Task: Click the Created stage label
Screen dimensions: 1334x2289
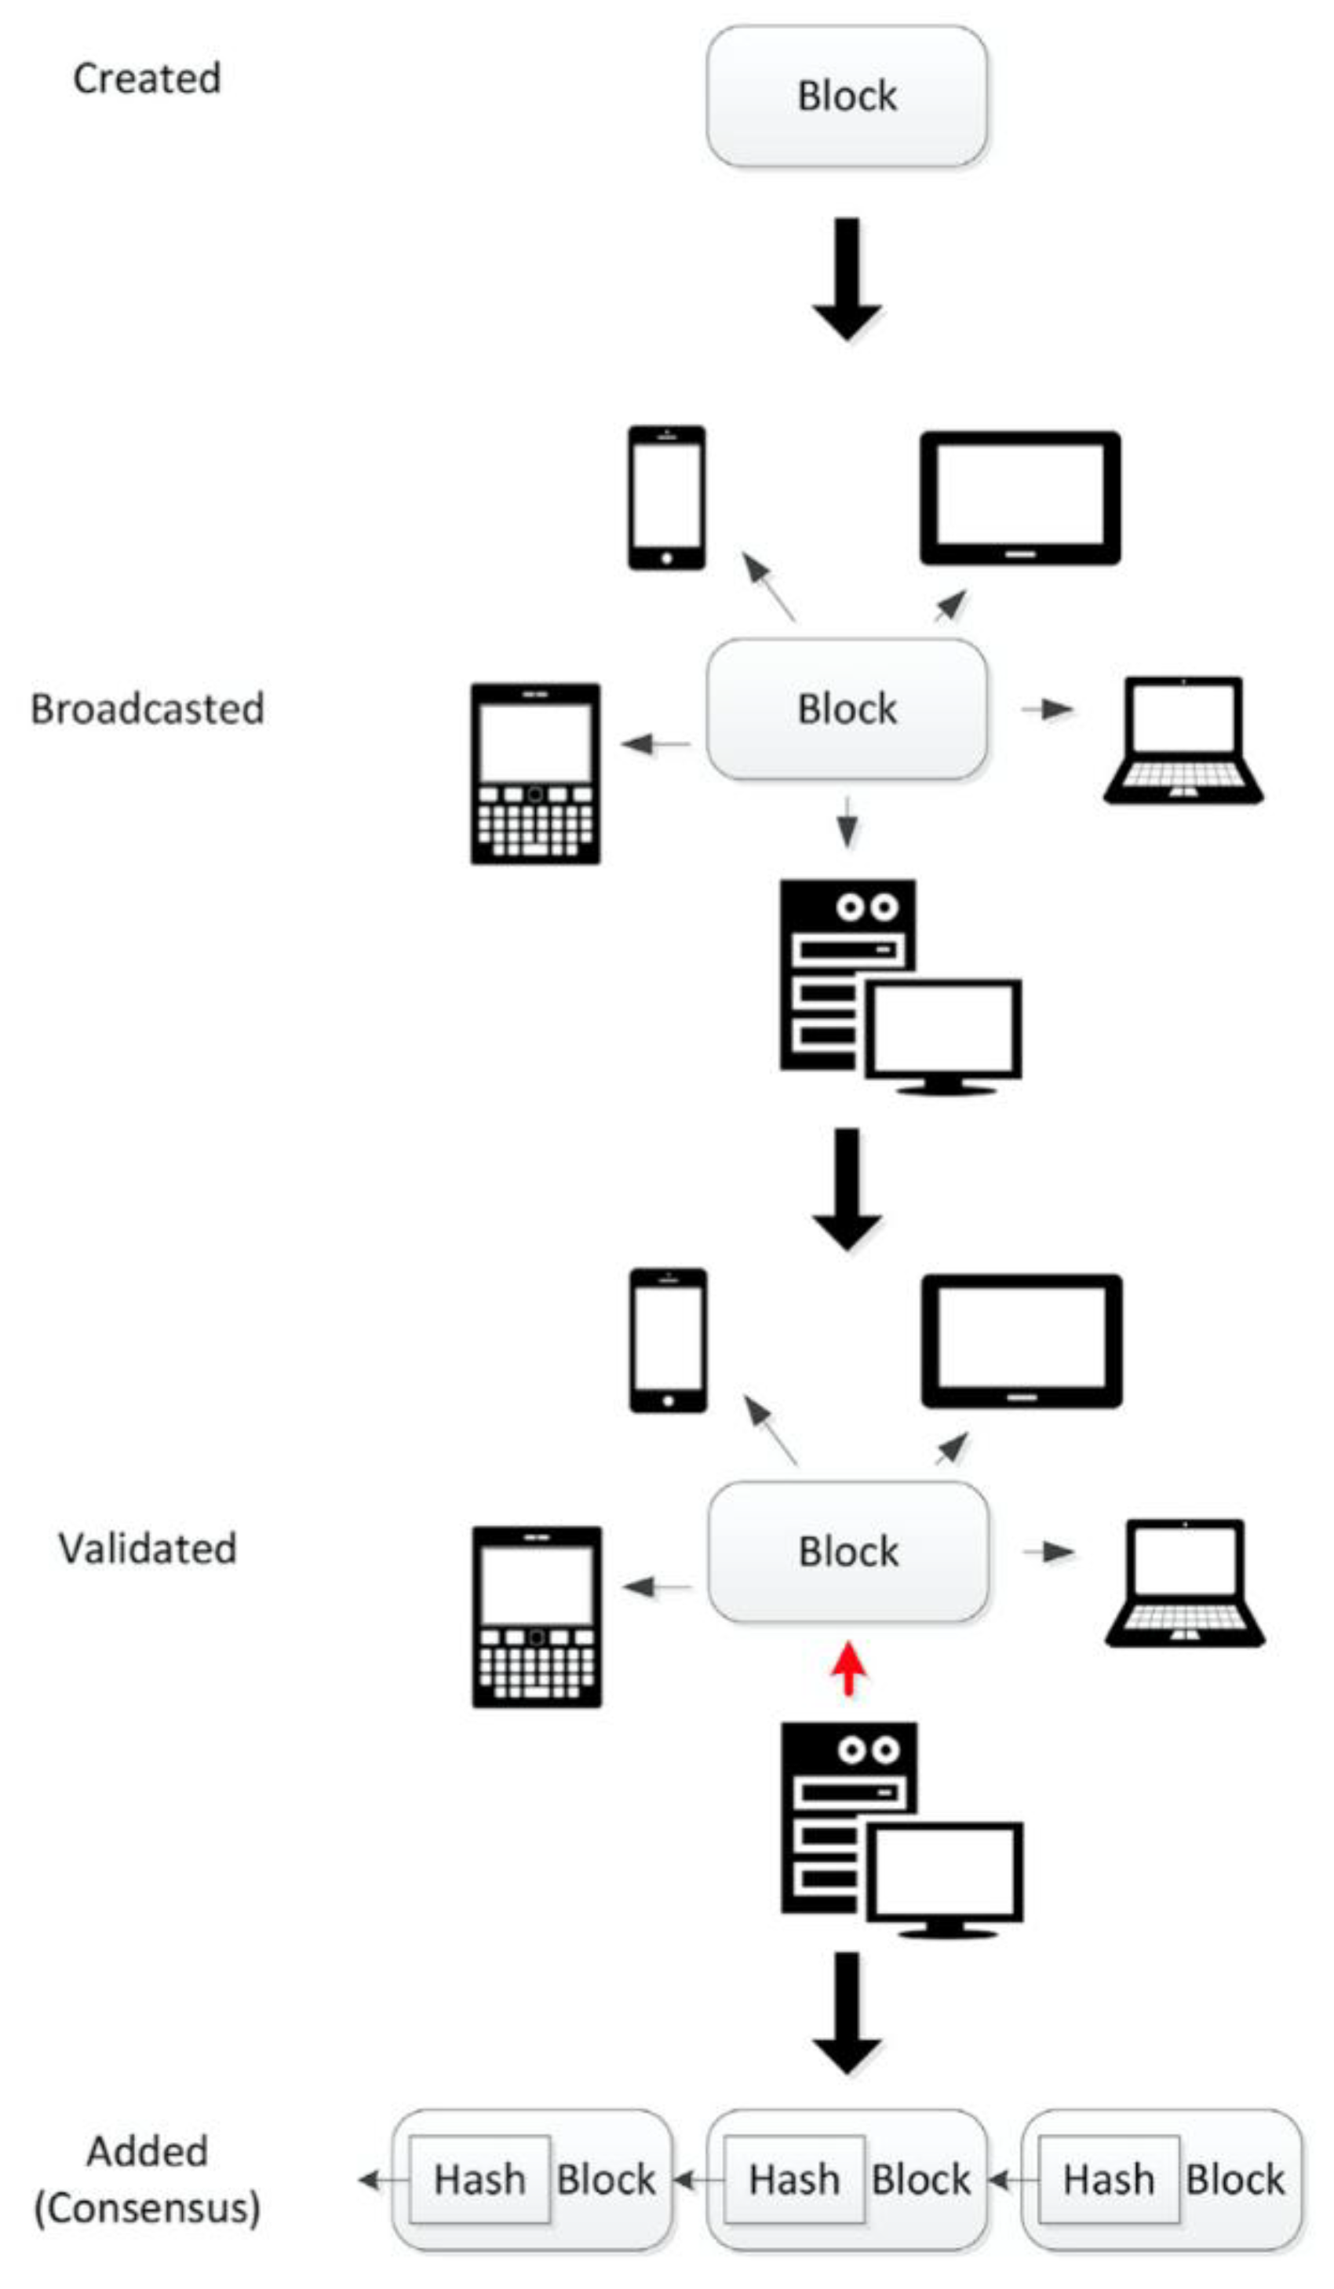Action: click(146, 78)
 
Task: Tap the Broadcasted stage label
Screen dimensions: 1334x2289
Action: click(147, 709)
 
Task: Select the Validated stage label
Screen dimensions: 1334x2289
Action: click(147, 1548)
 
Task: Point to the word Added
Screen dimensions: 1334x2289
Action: click(147, 2152)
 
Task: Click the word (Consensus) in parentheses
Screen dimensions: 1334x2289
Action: click(147, 2209)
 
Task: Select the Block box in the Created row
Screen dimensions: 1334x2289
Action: click(847, 97)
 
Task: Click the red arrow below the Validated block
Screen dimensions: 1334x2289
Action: click(848, 1669)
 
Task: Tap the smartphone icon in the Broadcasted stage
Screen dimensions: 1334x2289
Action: click(666, 498)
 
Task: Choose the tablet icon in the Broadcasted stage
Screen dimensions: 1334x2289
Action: click(1020, 498)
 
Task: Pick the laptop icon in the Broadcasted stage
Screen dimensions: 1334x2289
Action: click(1183, 740)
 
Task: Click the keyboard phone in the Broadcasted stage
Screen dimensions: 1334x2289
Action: click(535, 774)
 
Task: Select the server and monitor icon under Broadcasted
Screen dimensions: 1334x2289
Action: click(900, 988)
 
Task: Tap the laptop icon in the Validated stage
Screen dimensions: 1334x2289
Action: click(1184, 1583)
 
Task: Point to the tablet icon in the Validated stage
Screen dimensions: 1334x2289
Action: click(1022, 1341)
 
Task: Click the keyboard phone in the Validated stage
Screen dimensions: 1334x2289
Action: click(537, 1617)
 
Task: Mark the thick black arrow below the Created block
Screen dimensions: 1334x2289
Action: click(847, 279)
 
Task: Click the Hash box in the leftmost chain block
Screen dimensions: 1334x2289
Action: click(479, 2180)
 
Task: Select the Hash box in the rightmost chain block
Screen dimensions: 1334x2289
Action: click(1109, 2180)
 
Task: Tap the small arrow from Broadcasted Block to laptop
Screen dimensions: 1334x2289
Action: click(1047, 709)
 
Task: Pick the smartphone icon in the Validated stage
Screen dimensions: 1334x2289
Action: click(669, 1341)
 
